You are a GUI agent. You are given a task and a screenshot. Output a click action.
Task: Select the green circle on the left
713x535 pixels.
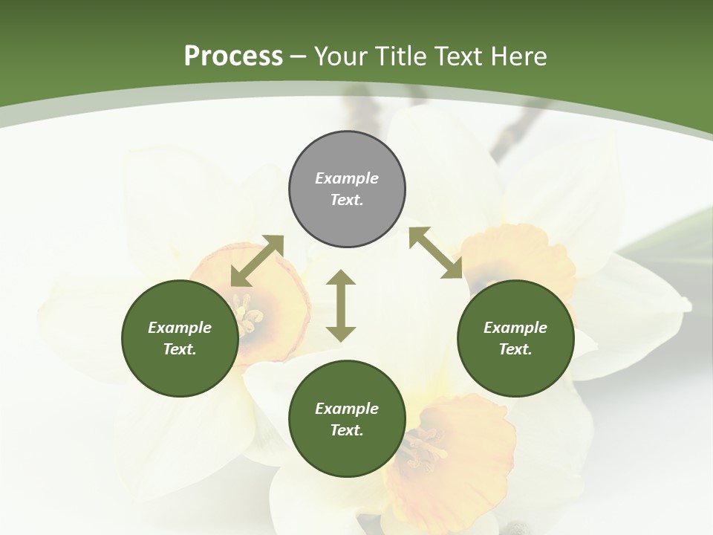coord(180,338)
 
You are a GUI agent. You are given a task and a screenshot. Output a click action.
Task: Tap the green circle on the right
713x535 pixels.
coord(515,338)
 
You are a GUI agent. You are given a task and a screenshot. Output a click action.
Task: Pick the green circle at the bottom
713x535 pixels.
coord(347,419)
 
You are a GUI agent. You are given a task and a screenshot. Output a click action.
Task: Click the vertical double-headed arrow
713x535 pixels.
coord(341,305)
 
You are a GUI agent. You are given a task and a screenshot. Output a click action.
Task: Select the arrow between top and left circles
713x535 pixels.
coord(257,261)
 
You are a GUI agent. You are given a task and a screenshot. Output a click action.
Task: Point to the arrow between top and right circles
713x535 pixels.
coord(435,253)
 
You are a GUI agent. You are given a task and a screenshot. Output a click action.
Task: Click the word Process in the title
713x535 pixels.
coord(233,56)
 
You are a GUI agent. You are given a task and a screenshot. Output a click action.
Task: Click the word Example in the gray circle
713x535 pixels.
coord(347,178)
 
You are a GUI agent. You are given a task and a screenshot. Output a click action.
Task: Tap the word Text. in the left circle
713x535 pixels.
coord(180,349)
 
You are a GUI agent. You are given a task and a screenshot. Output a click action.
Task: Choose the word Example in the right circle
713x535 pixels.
coord(515,328)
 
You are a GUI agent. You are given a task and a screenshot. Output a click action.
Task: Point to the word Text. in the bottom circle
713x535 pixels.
coord(347,430)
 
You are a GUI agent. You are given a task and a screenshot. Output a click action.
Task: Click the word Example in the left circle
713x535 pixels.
coord(180,328)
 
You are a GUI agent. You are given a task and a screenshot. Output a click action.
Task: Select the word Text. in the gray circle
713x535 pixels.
coord(347,200)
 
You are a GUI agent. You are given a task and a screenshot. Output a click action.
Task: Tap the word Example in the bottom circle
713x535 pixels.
coord(347,409)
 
